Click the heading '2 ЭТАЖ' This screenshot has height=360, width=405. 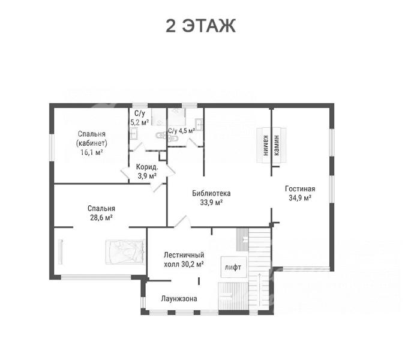click(200, 26)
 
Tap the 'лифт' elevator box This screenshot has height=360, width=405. click(234, 267)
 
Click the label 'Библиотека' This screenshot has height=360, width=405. click(211, 193)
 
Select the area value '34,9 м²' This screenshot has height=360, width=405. click(299, 198)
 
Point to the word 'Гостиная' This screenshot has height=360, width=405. click(300, 189)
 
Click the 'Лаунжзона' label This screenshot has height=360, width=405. click(179, 299)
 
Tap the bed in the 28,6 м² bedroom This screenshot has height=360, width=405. click(125, 253)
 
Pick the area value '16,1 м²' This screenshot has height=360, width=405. click(92, 152)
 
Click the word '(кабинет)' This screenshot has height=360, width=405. click(92, 143)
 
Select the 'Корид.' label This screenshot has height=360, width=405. click(147, 167)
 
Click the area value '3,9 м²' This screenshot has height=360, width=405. click(147, 176)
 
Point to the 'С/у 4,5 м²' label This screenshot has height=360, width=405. click(181, 131)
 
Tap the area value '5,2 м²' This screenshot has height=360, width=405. click(139, 122)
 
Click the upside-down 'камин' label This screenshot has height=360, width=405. click(266, 145)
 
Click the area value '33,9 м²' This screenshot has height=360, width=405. click(211, 202)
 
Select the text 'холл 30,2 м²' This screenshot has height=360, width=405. click(184, 265)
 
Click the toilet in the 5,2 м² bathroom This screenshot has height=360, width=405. click(161, 135)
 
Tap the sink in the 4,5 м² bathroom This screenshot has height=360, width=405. click(199, 124)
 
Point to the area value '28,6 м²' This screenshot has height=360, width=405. click(101, 218)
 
